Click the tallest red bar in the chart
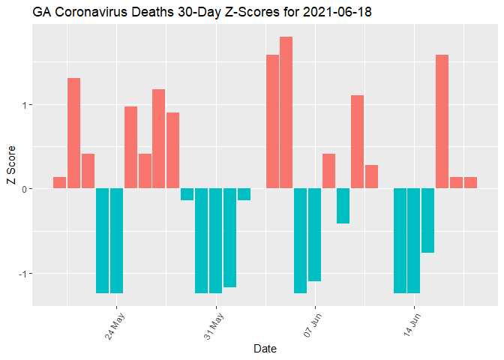pos(286,112)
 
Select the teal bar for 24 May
pos(116,240)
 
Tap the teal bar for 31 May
pos(215,240)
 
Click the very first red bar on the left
pos(59,182)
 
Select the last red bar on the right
pos(470,182)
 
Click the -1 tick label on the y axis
pos(22,273)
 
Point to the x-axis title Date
pos(265,349)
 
